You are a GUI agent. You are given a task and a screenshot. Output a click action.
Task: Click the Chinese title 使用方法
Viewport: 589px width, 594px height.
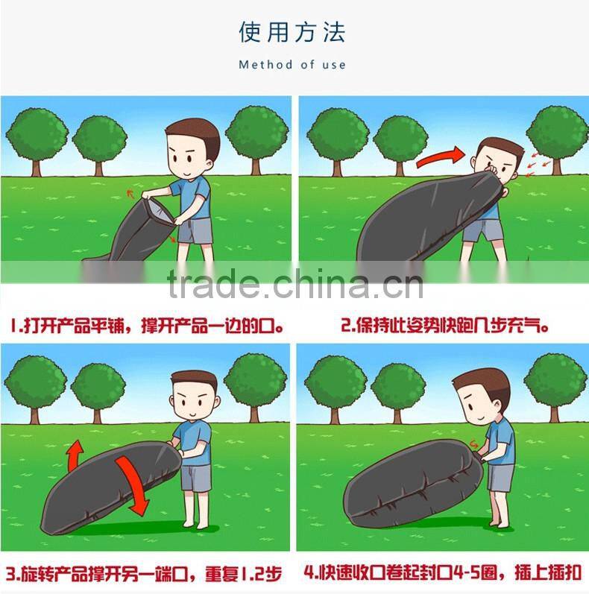pos(292,32)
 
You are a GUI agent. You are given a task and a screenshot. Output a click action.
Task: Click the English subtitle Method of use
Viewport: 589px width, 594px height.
pos(292,65)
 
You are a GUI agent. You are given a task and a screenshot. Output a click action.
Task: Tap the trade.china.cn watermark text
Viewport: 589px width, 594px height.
pos(295,282)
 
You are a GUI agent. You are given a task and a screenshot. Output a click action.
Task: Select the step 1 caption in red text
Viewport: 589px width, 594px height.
pos(147,326)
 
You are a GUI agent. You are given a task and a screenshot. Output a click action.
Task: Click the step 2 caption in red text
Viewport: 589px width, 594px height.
pos(445,326)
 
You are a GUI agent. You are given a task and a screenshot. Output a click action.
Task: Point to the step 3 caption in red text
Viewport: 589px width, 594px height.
pos(144,574)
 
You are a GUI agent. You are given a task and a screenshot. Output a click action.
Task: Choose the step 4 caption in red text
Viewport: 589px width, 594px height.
pos(443,572)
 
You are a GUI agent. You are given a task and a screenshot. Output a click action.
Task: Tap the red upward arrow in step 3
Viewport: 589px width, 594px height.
pos(75,455)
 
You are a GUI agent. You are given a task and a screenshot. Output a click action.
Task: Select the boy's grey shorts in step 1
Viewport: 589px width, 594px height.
pos(195,231)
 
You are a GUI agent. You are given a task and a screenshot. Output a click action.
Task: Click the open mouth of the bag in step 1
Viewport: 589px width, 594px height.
pos(158,212)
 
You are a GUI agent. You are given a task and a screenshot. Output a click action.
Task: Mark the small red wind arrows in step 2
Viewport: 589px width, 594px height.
pos(538,163)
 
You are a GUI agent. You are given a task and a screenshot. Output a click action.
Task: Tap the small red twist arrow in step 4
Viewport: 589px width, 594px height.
pos(473,443)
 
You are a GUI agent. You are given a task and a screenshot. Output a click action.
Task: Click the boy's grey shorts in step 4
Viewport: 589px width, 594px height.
pos(500,478)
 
